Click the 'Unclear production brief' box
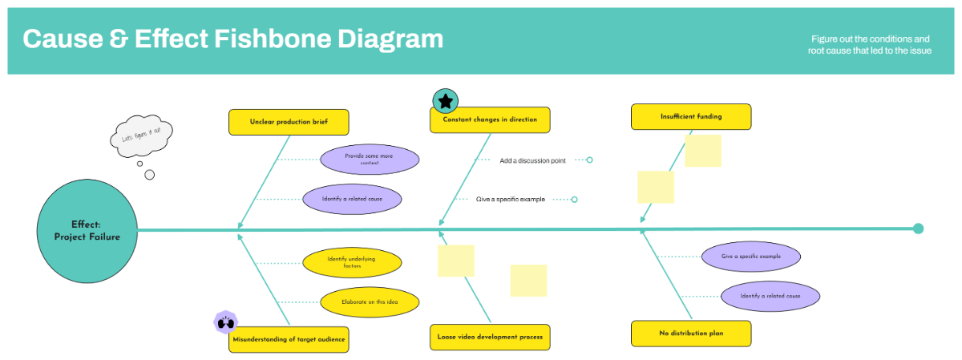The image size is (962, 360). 289,122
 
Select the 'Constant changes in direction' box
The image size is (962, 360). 490,119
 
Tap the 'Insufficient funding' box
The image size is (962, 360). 691,116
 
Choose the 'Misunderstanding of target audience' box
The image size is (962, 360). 289,339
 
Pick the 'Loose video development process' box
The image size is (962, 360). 490,337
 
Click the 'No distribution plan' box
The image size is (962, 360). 691,333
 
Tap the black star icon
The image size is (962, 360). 446,101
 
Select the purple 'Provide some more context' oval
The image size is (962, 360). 369,160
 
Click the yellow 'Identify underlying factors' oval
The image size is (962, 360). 352,262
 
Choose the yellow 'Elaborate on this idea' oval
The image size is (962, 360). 370,301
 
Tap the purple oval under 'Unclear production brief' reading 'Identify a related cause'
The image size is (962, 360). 352,199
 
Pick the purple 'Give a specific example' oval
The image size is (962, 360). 750,257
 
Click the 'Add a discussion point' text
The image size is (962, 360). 532,160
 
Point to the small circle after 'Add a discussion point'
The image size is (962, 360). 589,160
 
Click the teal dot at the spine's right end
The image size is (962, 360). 918,229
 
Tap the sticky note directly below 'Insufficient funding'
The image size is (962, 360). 702,150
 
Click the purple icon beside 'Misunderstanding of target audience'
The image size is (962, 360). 225,322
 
